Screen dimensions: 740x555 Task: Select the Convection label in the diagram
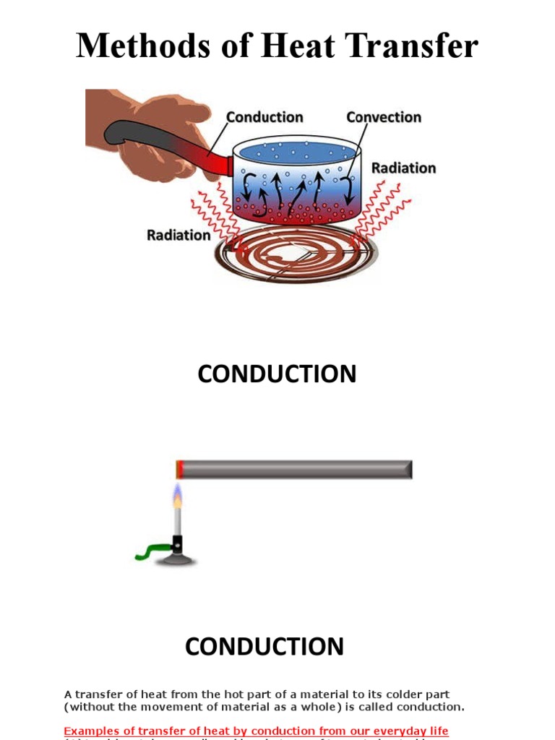click(x=383, y=117)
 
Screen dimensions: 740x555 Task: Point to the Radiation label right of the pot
click(x=403, y=168)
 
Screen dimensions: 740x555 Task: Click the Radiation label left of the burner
click(x=178, y=235)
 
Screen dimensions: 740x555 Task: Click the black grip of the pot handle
click(x=145, y=137)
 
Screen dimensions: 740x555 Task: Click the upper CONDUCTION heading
click(x=277, y=374)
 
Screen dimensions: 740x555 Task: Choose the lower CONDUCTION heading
click(x=264, y=646)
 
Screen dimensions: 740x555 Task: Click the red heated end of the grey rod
click(x=180, y=470)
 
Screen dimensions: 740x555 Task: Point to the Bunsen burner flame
click(x=177, y=497)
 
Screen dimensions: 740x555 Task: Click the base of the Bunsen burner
click(x=178, y=558)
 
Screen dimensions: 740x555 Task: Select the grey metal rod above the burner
click(x=296, y=470)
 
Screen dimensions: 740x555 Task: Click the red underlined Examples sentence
click(x=256, y=731)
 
